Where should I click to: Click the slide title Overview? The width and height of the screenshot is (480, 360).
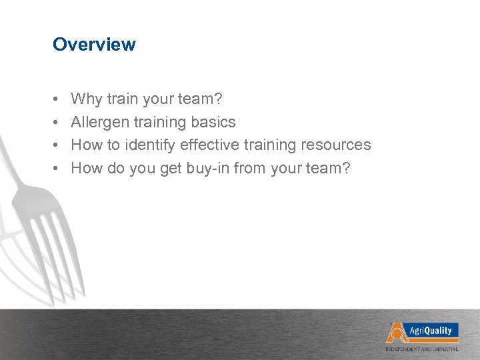coord(94,45)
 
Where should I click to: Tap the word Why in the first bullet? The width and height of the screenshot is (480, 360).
coord(85,99)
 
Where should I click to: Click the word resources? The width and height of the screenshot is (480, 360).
coord(336,145)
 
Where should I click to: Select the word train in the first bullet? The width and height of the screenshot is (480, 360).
coord(121,99)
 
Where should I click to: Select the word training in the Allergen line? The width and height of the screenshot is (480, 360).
coord(161,122)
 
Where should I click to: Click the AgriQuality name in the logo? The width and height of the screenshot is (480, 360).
coord(430,331)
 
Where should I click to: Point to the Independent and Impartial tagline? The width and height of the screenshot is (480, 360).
coord(422,349)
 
